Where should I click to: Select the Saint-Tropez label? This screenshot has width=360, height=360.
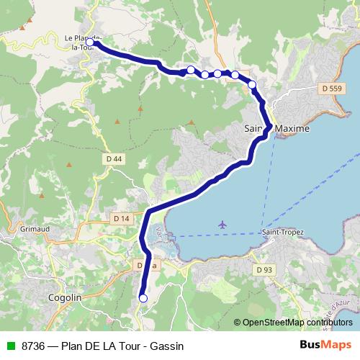click(282, 233)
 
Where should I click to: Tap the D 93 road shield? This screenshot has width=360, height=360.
click(265, 269)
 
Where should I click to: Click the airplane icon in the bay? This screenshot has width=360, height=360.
click(222, 226)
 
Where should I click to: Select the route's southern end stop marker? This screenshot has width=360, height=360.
click(143, 298)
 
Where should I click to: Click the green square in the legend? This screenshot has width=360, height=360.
click(9, 346)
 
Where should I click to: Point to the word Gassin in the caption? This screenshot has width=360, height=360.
click(166, 346)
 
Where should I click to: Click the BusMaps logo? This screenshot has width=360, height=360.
click(325, 346)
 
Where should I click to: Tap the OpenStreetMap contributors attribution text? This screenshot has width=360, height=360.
click(294, 323)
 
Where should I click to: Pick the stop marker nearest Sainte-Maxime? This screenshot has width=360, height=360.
click(252, 85)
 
